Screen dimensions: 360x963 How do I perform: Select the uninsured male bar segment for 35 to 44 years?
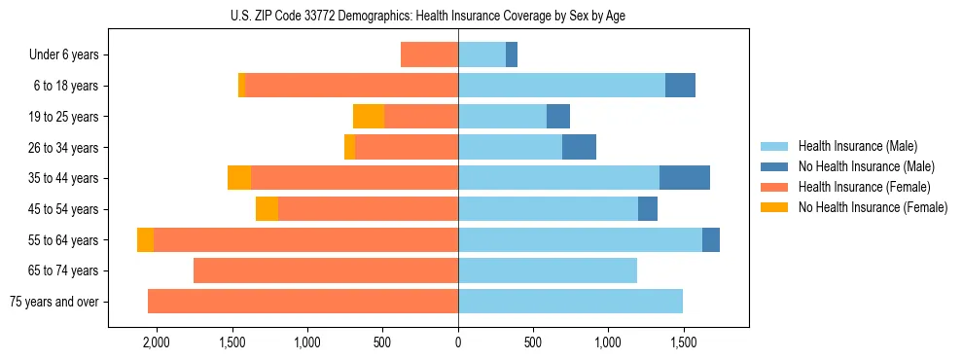click(685, 178)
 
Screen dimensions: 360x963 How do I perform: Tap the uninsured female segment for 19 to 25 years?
click(369, 117)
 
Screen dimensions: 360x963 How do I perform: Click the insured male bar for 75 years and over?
click(570, 302)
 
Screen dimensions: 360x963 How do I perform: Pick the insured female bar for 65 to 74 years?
click(326, 270)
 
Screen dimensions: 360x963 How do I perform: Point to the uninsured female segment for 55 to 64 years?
click(145, 240)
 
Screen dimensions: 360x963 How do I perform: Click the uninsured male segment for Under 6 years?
click(512, 55)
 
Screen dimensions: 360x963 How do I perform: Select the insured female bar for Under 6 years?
click(429, 55)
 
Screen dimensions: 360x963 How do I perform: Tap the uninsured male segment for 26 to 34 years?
click(579, 148)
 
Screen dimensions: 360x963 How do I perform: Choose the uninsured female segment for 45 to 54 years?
click(267, 209)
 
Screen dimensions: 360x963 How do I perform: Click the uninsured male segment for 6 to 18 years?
click(680, 86)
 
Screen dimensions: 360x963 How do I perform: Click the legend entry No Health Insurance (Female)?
click(873, 207)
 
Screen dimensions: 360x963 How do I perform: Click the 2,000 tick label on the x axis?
click(157, 343)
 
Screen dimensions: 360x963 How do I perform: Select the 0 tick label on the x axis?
click(458, 343)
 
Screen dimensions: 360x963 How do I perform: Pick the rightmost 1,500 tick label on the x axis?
click(683, 343)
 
